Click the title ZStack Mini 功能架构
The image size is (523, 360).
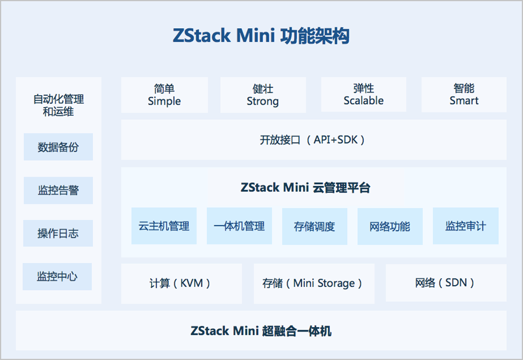(x=261, y=36)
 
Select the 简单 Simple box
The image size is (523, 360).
(x=164, y=95)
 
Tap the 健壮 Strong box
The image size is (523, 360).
(x=263, y=95)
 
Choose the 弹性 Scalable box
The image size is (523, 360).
(x=363, y=95)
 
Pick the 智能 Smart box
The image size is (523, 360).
(x=464, y=95)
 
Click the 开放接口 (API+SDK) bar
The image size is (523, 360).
(x=313, y=140)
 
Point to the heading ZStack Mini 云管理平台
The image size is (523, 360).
(x=305, y=188)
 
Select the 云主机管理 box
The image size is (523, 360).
(x=164, y=226)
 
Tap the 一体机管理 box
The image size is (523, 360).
(x=239, y=226)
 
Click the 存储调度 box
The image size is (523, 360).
(x=314, y=226)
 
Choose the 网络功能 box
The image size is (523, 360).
(x=390, y=226)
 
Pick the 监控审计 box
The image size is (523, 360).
(x=465, y=226)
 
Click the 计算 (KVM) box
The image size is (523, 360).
(x=181, y=283)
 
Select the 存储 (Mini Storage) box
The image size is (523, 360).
(x=313, y=283)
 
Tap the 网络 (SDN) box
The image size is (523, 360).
(x=446, y=283)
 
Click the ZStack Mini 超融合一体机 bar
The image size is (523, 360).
(x=261, y=331)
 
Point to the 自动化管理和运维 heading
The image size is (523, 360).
(x=59, y=105)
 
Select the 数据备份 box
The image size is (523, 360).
(x=58, y=147)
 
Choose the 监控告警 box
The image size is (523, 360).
(x=58, y=190)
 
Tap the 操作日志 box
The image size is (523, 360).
(x=58, y=233)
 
